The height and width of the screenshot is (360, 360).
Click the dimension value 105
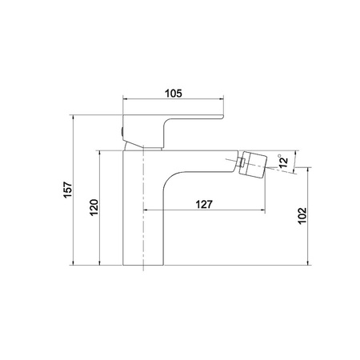174,94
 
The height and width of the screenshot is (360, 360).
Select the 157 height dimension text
68,190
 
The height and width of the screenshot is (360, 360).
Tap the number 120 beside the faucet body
94,207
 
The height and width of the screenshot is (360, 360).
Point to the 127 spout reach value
204,205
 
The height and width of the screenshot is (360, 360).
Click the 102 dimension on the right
302,216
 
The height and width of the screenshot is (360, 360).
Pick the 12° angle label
283,162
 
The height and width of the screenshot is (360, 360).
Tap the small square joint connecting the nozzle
242,162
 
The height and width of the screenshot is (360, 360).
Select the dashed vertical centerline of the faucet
143,208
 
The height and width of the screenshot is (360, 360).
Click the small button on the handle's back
122,132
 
